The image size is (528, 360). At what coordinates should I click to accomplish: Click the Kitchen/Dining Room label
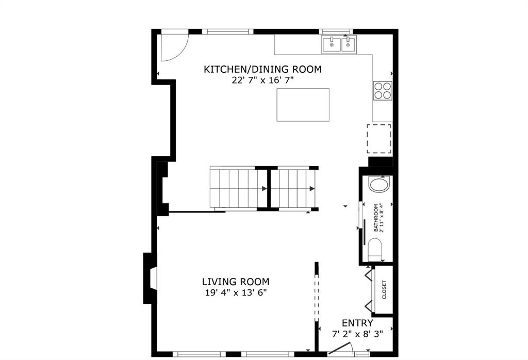[262, 70]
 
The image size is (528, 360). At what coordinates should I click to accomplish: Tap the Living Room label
[236, 282]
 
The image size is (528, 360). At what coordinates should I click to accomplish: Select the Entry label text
[357, 323]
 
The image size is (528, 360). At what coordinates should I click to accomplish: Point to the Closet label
[384, 290]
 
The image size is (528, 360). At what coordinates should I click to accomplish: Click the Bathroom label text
[376, 218]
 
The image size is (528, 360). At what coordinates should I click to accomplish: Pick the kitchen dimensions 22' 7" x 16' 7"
[262, 80]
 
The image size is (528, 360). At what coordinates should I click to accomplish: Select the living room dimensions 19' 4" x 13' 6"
[236, 292]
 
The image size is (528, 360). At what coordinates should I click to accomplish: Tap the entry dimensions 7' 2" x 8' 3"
[357, 334]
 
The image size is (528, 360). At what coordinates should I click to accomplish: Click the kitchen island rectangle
[303, 105]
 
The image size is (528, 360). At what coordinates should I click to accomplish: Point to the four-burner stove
[383, 91]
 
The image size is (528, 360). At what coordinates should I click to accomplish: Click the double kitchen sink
[339, 44]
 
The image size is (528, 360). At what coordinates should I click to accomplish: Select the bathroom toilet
[374, 250]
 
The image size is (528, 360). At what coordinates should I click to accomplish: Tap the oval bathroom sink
[379, 184]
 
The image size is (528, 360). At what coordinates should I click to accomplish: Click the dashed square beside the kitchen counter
[379, 139]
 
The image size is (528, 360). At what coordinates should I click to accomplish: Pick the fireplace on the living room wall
[151, 278]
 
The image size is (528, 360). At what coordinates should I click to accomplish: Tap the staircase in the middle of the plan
[264, 188]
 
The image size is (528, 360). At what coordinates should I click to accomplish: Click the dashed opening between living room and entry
[316, 297]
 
